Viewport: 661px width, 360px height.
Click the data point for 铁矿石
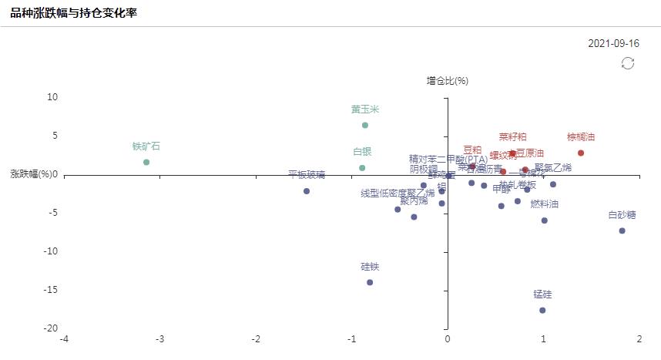coord(146,162)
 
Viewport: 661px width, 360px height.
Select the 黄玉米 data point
coord(365,125)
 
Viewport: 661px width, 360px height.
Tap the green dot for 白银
coord(362,168)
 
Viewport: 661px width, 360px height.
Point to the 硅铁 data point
coord(370,282)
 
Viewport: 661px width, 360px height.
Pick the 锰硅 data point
coord(542,310)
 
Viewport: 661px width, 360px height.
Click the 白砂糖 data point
coord(622,230)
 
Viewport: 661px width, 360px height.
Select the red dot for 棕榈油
coord(581,153)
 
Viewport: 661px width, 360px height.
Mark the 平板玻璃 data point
coord(307,191)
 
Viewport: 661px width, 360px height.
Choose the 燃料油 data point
coord(544,220)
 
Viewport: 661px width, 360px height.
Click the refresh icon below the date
coord(628,63)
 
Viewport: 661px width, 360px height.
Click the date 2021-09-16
coord(613,43)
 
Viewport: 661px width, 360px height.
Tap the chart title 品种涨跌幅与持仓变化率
coord(73,12)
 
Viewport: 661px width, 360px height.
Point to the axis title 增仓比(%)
coord(448,80)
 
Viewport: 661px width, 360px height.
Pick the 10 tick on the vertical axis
coord(52,97)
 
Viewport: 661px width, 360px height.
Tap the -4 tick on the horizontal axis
coord(64,340)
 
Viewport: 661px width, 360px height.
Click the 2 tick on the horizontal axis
coord(639,340)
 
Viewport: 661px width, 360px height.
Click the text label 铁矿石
coord(146,146)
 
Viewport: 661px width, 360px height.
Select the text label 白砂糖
coord(622,215)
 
